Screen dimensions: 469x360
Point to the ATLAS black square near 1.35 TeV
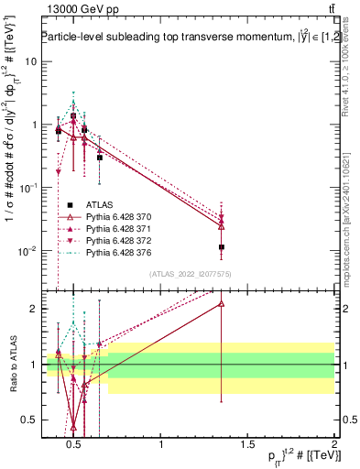222,247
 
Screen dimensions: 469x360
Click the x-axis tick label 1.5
248,445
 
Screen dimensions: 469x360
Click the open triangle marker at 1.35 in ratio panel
222,303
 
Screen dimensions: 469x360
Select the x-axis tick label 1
162,445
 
